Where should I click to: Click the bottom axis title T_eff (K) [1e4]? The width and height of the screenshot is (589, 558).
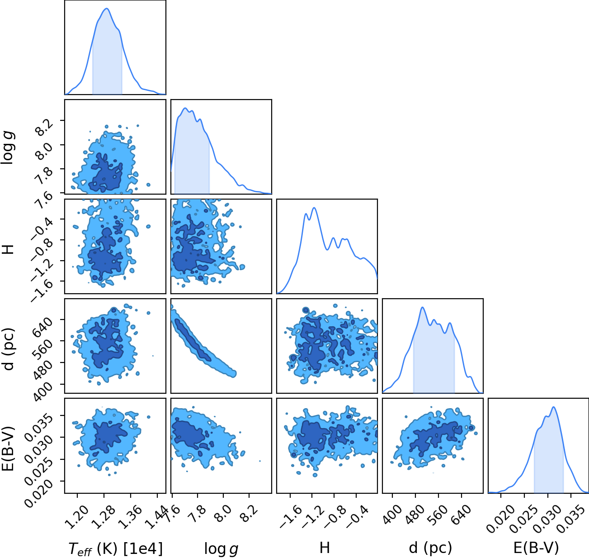(x=116, y=548)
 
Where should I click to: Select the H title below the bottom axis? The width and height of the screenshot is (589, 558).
(x=325, y=548)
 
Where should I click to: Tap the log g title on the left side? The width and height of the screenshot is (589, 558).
(x=8, y=148)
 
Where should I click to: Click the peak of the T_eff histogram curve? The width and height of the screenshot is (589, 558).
(x=107, y=9)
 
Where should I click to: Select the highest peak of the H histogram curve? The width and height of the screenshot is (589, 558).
(x=314, y=208)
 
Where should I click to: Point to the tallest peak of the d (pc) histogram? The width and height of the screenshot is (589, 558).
(x=423, y=307)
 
